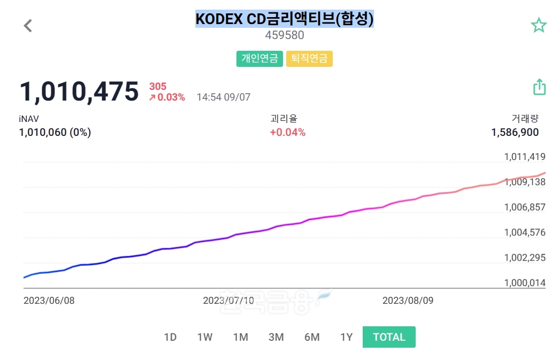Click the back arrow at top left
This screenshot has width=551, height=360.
(28, 25)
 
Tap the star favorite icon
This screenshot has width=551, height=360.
(538, 25)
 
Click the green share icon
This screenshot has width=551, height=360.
(539, 87)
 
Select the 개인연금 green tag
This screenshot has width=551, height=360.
(259, 58)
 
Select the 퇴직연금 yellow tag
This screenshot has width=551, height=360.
(309, 58)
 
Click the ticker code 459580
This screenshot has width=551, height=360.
(285, 35)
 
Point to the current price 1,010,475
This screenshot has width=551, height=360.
(79, 91)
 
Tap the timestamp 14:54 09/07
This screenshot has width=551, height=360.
(223, 97)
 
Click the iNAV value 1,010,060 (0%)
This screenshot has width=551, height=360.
(55, 133)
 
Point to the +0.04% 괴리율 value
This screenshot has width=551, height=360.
(288, 133)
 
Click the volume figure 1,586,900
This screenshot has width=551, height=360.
(515, 133)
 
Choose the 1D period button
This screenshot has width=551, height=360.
(170, 337)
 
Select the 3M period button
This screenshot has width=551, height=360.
(276, 337)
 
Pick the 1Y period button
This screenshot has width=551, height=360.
(347, 337)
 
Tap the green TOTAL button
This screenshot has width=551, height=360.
(389, 337)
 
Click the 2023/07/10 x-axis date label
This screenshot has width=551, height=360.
(228, 301)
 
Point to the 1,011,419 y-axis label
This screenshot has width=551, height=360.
(524, 157)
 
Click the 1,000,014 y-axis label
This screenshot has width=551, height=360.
(524, 282)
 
